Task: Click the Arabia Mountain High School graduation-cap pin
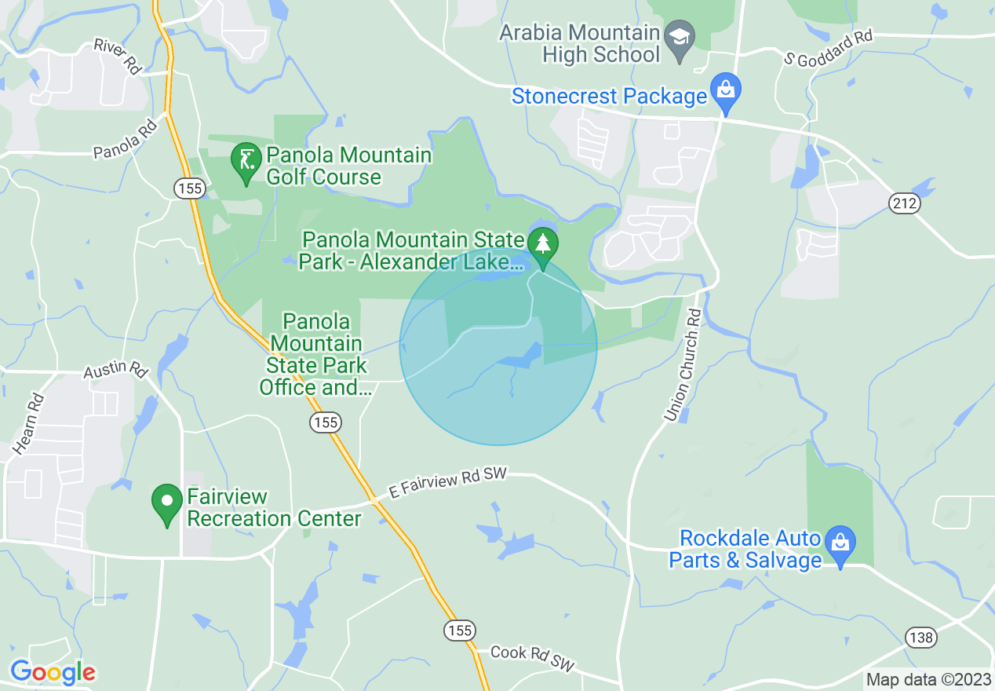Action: [679, 36]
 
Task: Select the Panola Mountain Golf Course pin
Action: [246, 160]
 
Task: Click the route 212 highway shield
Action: [904, 203]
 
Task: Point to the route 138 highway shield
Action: [920, 637]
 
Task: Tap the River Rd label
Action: [117, 56]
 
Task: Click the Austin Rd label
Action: [116, 368]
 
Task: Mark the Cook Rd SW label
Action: [533, 659]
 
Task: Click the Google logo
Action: [53, 672]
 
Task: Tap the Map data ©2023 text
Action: [928, 680]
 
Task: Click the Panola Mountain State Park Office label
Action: [316, 354]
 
